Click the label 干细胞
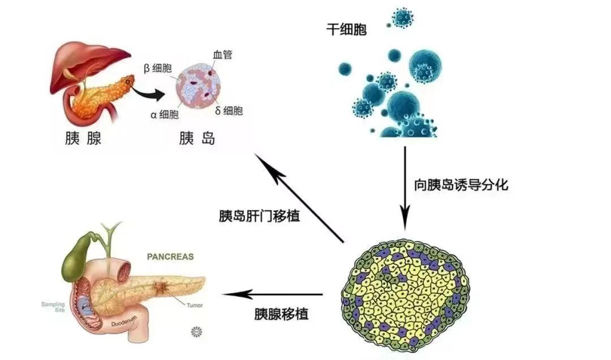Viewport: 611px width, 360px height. point(346,29)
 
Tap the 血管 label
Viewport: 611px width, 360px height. point(222,55)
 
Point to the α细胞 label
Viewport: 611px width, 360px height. point(165,115)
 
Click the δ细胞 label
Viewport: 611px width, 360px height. point(229,111)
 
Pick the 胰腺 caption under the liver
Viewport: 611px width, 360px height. point(84,139)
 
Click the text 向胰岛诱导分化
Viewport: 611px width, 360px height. point(457,185)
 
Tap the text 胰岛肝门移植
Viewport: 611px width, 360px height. point(259,216)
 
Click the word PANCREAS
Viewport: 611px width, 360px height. point(170,256)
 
